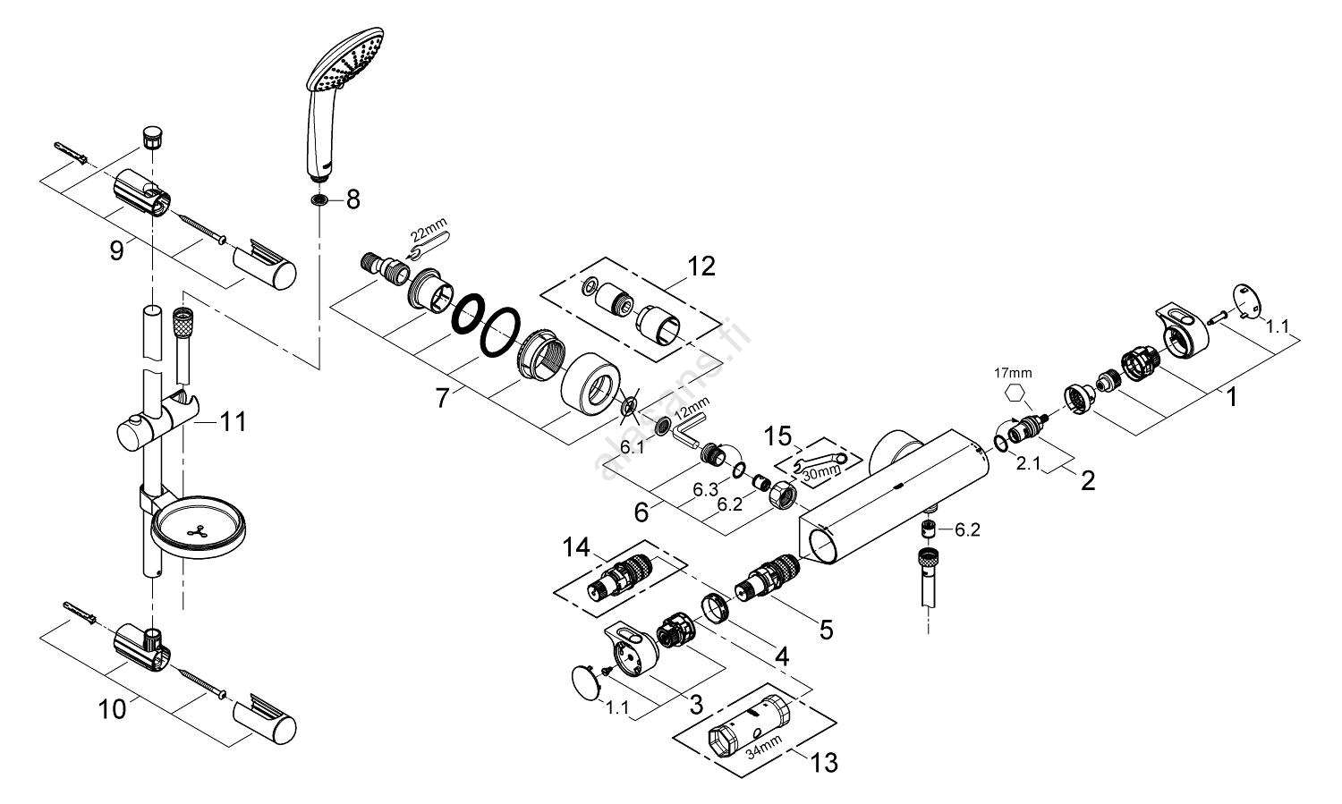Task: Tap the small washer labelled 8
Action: coord(319,199)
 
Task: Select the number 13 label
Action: coord(824,763)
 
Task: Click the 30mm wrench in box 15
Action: coord(820,463)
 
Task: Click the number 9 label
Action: coord(116,251)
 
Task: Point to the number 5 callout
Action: coord(825,630)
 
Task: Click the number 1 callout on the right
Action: coord(1231,395)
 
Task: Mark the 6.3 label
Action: coord(706,490)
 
